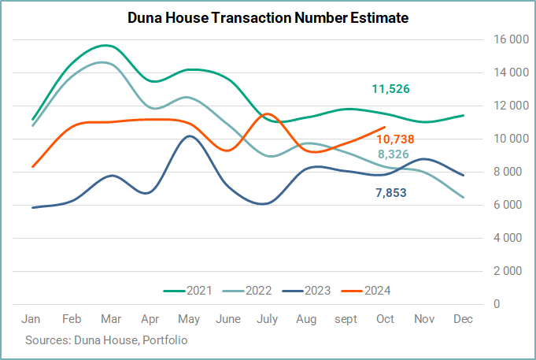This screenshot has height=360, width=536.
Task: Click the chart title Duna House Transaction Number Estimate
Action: click(x=268, y=18)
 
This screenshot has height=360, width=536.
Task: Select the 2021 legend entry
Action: click(x=187, y=291)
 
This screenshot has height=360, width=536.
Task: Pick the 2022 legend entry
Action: click(x=247, y=291)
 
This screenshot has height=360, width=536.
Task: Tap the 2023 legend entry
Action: click(x=306, y=291)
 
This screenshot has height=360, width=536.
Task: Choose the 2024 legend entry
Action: click(x=366, y=291)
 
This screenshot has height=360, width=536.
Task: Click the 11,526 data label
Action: click(x=390, y=89)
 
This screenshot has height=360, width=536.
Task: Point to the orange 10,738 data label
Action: click(x=395, y=139)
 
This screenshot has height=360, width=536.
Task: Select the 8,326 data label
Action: click(x=393, y=154)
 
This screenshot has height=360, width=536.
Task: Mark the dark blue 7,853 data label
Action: click(x=391, y=193)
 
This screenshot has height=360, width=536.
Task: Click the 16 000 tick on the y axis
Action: click(x=511, y=39)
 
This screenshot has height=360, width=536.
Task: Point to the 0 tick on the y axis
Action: click(x=497, y=304)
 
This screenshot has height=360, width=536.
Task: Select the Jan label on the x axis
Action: click(x=31, y=319)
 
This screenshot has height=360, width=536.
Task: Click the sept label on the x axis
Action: click(x=346, y=319)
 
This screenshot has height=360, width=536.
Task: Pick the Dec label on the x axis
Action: click(x=463, y=319)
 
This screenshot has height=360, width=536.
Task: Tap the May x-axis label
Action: click(x=189, y=319)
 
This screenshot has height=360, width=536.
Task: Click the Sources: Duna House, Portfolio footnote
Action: click(x=106, y=340)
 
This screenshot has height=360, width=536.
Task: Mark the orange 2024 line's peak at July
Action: click(x=267, y=113)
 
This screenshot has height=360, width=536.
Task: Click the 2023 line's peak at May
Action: click(x=190, y=135)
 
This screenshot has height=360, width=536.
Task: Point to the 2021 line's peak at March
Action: click(x=105, y=45)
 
